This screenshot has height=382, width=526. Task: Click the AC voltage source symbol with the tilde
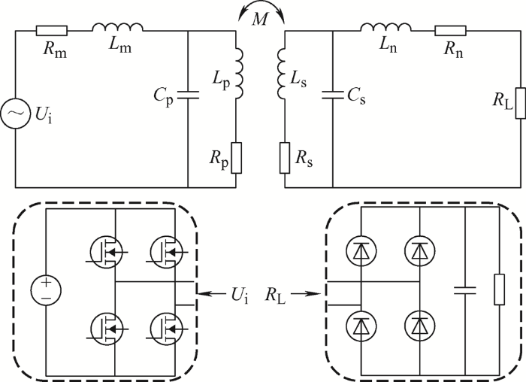click(x=14, y=114)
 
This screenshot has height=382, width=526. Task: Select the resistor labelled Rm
click(x=52, y=31)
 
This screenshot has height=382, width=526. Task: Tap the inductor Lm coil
click(x=117, y=27)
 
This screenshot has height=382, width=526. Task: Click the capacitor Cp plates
click(x=188, y=95)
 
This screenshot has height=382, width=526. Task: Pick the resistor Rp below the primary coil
click(x=237, y=158)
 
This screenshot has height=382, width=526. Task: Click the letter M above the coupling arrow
click(x=260, y=20)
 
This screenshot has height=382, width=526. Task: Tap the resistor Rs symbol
click(x=285, y=158)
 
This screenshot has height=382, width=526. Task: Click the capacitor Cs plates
click(x=333, y=95)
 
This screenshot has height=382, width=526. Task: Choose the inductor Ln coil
click(x=385, y=27)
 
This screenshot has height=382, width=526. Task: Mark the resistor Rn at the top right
click(x=451, y=31)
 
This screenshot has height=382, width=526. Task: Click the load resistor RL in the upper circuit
click(x=520, y=103)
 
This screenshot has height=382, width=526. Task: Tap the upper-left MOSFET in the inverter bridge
click(x=106, y=252)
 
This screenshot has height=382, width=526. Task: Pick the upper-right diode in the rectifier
click(x=420, y=250)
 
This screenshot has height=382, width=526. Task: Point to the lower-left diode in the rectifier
click(x=361, y=326)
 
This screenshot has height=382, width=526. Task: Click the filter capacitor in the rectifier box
click(x=465, y=290)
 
